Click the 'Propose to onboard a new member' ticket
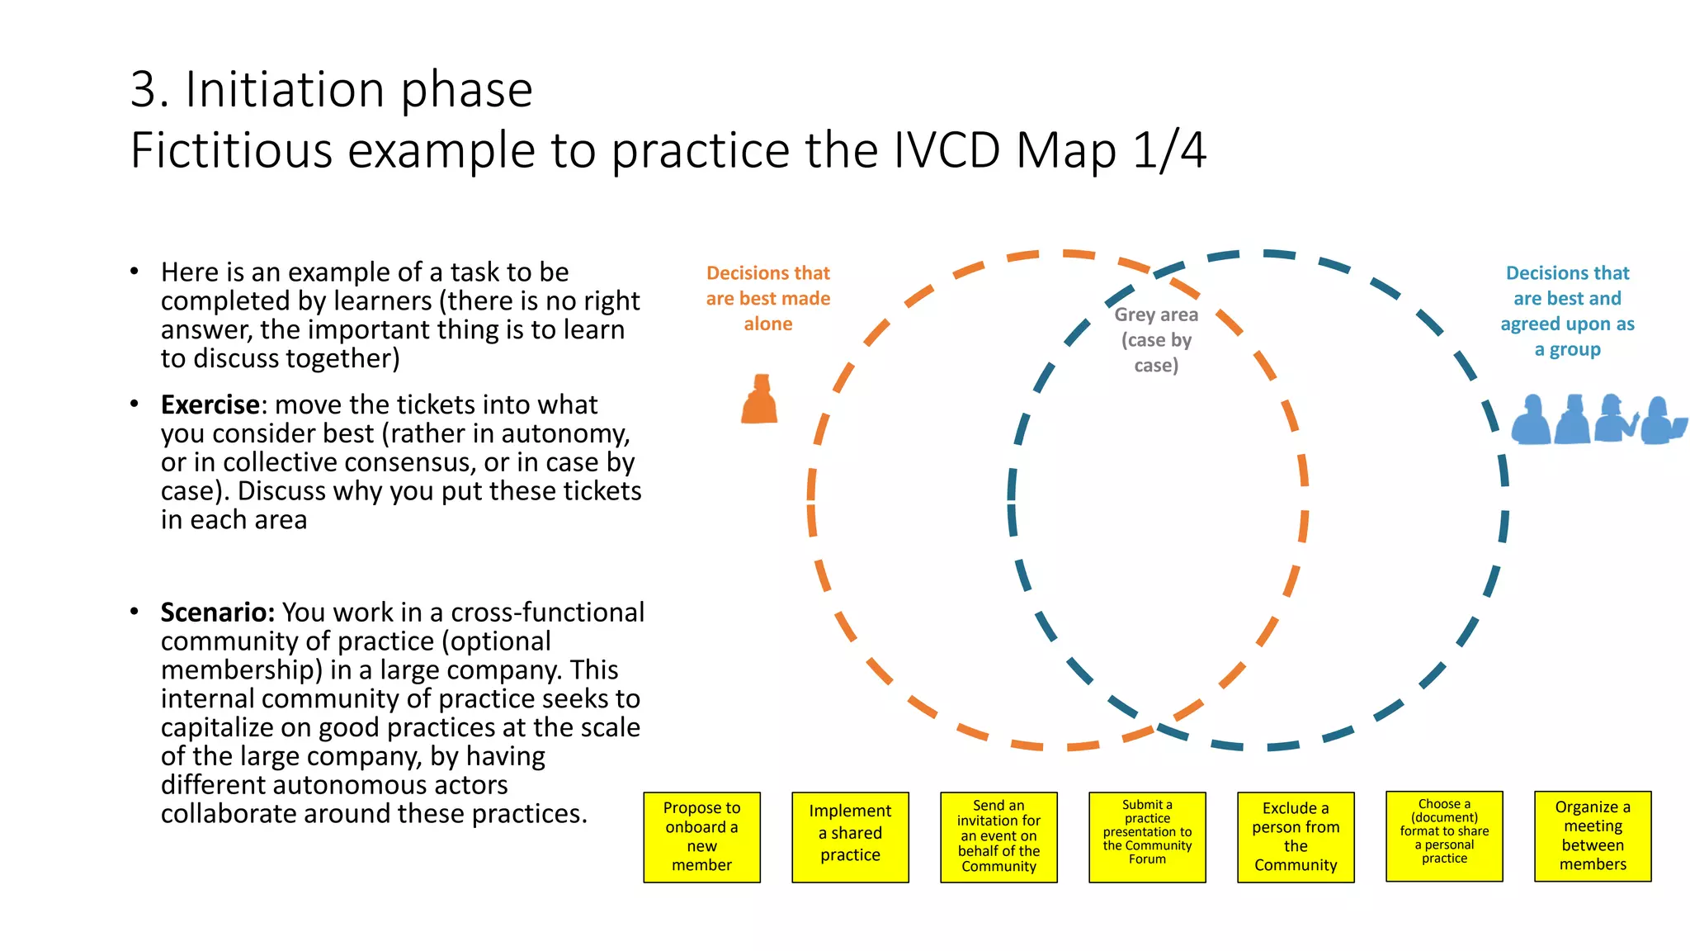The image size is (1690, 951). (701, 837)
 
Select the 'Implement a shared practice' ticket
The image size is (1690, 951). (850, 837)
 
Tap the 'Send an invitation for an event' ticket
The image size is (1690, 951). (998, 837)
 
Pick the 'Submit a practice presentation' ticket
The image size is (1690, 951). (1147, 837)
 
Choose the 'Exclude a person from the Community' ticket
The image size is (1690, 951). (1296, 837)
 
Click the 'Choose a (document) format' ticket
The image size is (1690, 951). (1444, 836)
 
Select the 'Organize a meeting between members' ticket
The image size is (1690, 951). (1593, 836)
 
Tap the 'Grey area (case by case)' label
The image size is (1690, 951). (1156, 340)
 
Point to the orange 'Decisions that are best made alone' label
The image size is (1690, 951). (768, 298)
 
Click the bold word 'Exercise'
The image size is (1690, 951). (210, 405)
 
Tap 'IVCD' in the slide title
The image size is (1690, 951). (946, 151)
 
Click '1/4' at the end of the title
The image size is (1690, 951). (1169, 151)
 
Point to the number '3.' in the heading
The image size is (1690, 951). (149, 89)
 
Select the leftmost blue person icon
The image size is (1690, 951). (1532, 420)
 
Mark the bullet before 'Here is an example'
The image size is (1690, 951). (135, 272)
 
